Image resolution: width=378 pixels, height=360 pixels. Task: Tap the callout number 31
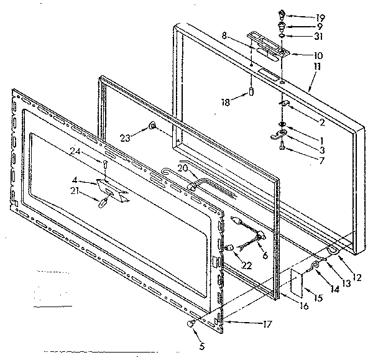[x=303, y=36]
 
